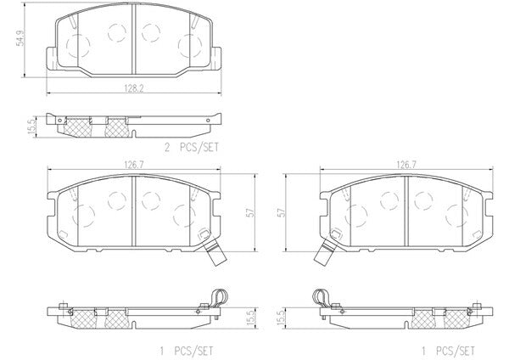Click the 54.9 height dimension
20,37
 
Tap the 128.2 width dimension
134,88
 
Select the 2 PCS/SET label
192,148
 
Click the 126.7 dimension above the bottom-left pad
134,165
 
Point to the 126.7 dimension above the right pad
406,165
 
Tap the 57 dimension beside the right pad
282,213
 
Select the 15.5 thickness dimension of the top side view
31,127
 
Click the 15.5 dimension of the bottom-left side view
250,318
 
